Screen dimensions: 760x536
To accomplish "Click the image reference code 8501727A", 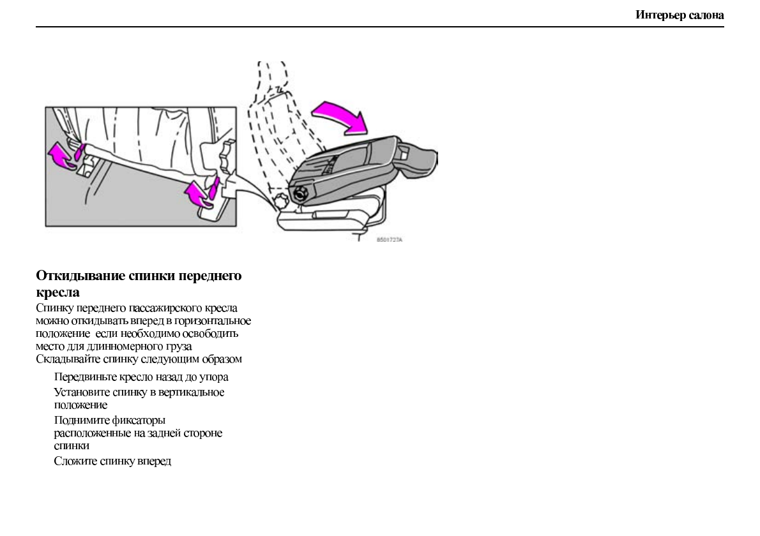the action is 390,240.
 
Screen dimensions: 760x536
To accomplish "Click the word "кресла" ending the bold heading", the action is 58,293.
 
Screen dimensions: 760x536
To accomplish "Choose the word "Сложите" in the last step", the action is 75,461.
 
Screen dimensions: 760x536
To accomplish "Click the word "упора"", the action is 214,377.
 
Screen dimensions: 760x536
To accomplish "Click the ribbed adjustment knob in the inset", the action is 224,156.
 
